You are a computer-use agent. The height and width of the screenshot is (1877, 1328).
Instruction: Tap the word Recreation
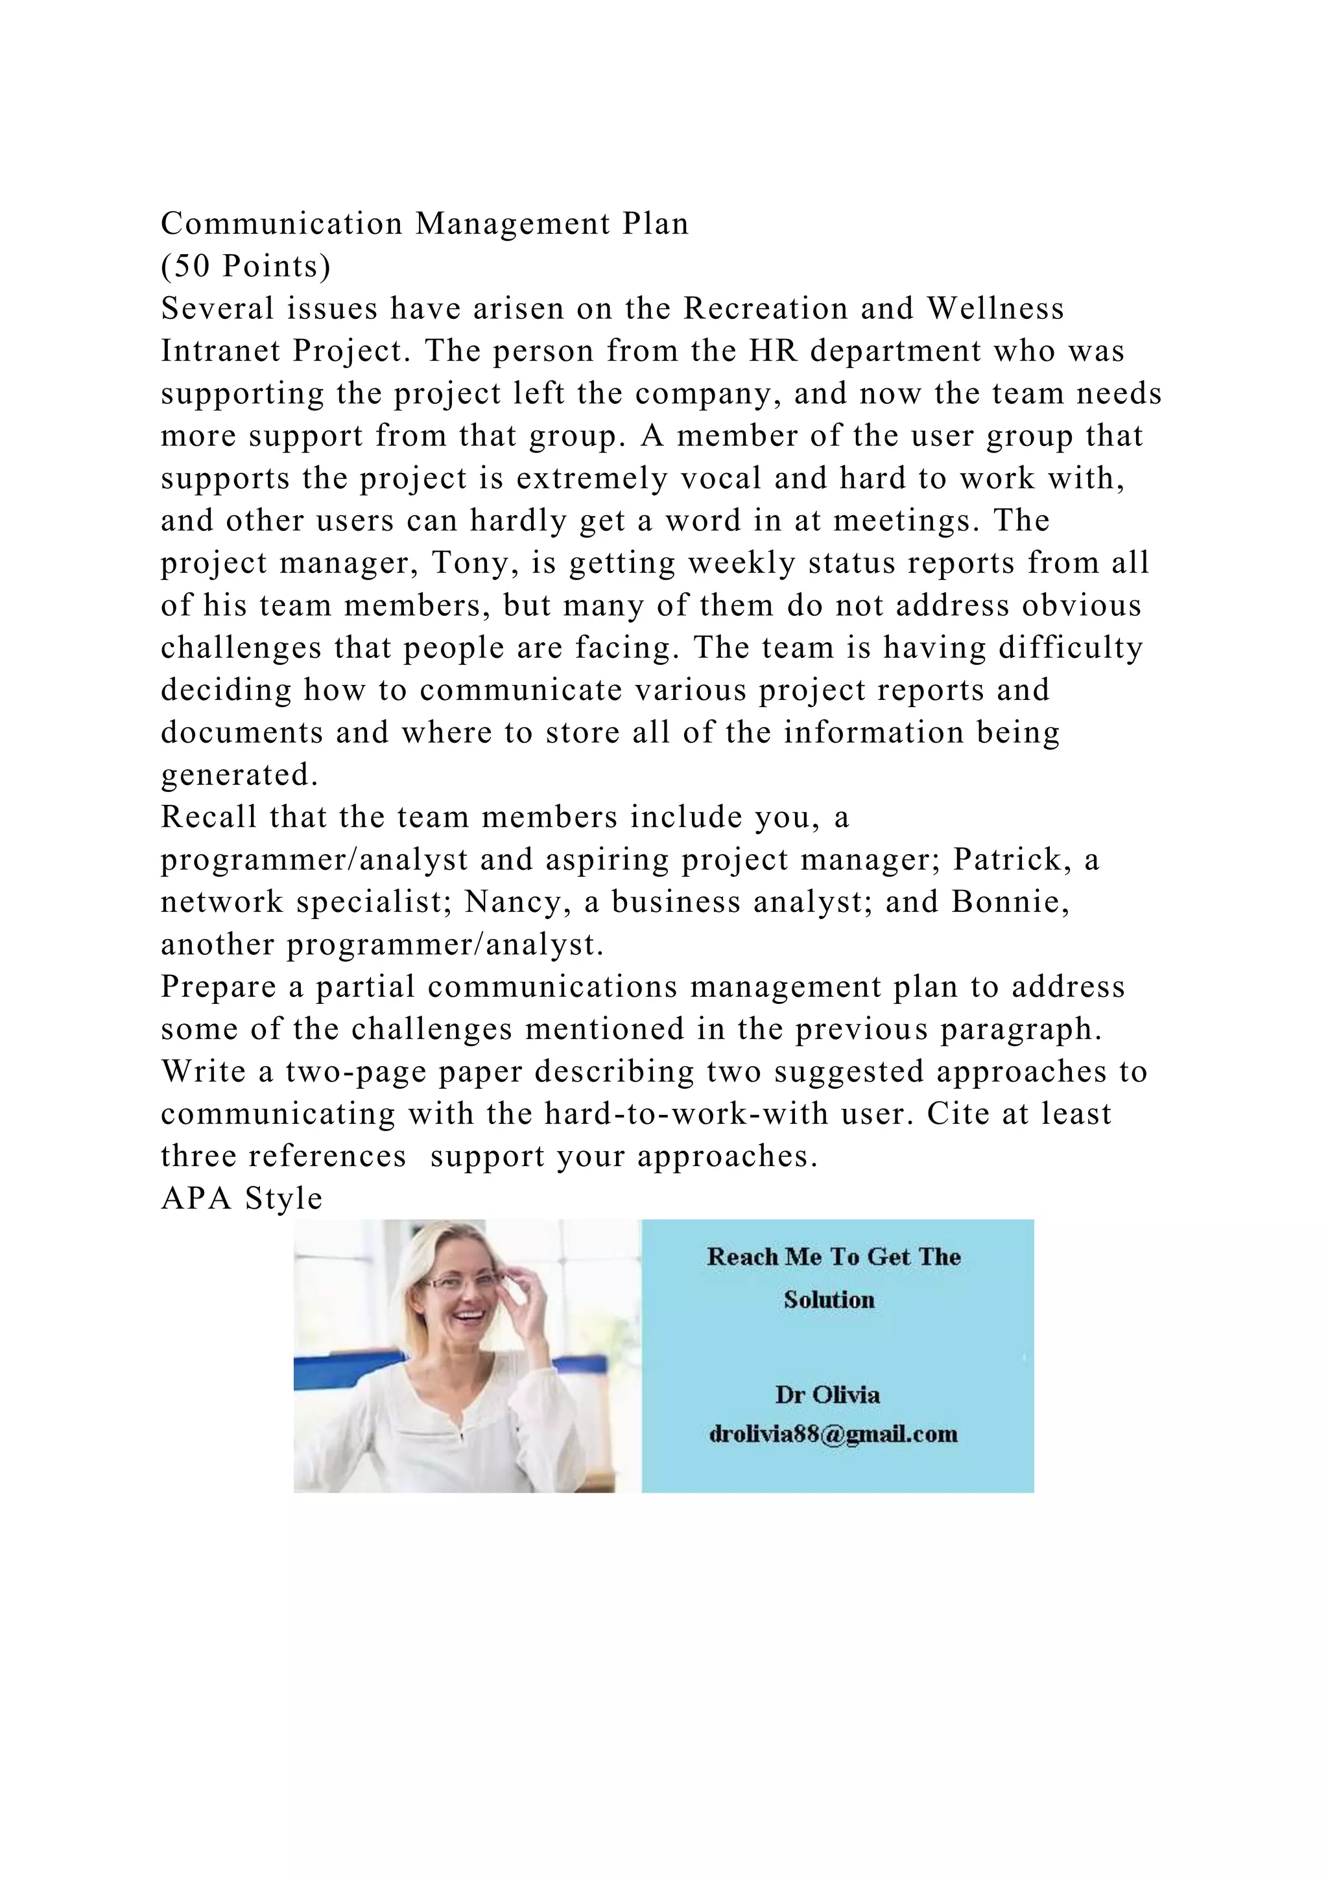coord(765,309)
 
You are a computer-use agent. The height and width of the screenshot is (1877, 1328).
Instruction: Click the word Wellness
coord(995,309)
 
